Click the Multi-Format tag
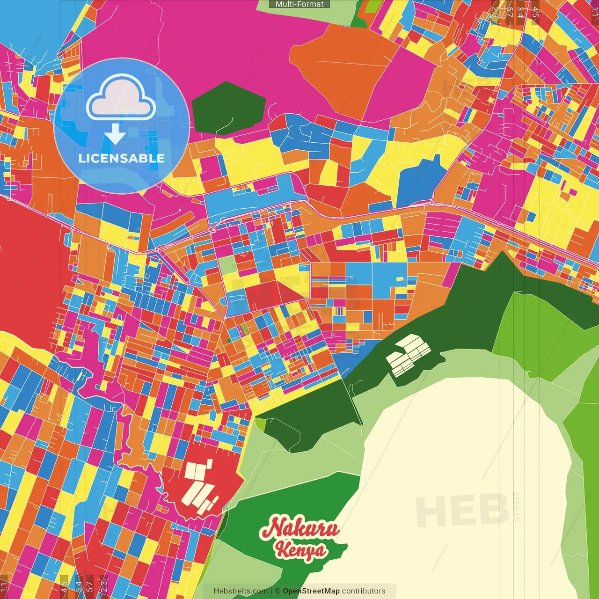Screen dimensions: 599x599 point(299,4)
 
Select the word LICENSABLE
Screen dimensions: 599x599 point(122,158)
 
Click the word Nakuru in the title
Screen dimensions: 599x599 point(300,528)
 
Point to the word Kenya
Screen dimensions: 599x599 point(300,550)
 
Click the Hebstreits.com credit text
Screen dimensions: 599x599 point(241,591)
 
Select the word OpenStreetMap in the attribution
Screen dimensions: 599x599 point(311,591)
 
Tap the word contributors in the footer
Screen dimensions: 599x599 point(364,591)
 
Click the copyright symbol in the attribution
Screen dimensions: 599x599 point(278,591)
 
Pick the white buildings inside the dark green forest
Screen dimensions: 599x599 point(407,356)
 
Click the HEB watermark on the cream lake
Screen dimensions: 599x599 point(461,510)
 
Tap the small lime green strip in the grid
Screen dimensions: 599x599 point(244,329)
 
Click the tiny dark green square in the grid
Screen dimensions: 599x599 point(229,341)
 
